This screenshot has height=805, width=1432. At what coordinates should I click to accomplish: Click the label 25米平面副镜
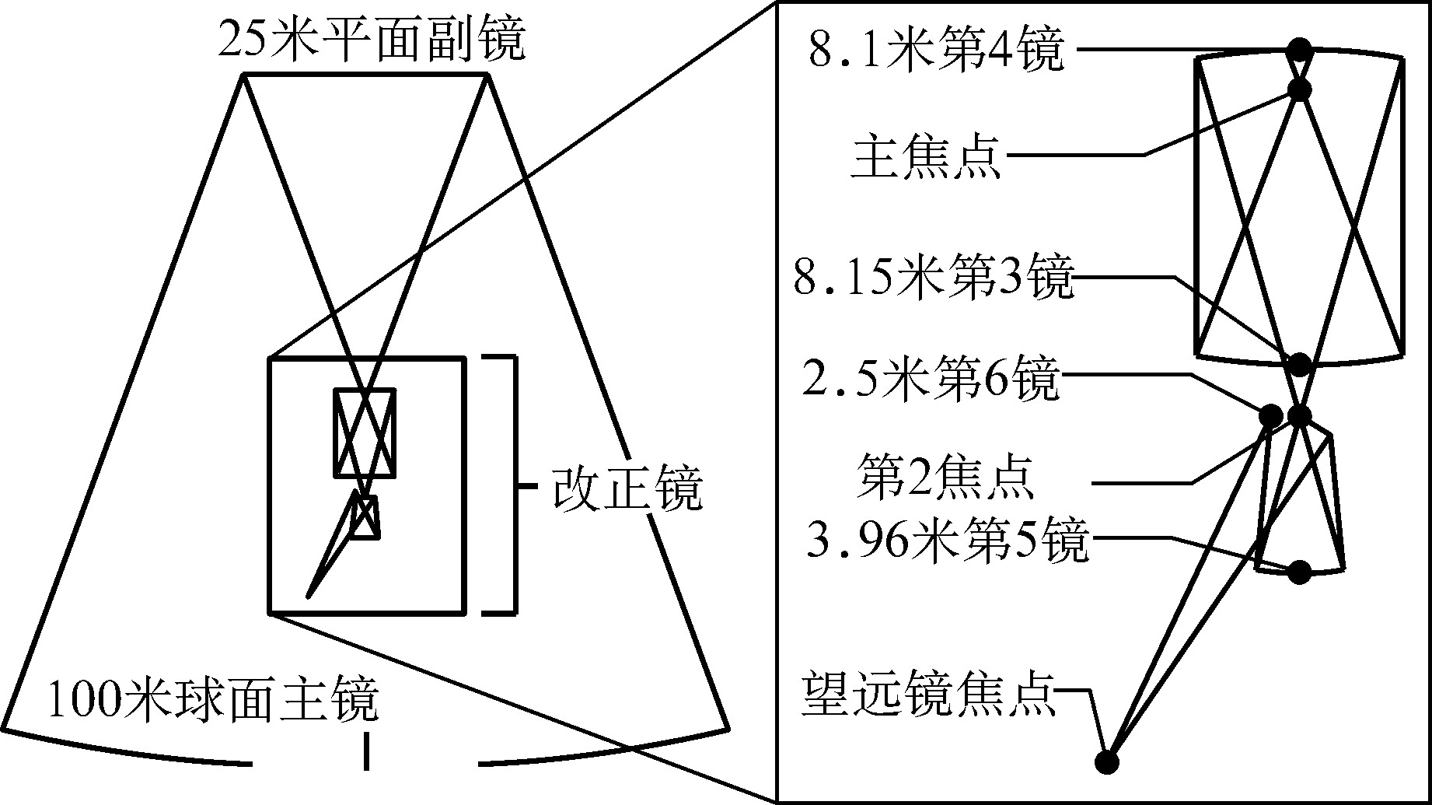click(372, 42)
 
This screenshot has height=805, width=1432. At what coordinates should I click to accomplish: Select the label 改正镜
click(627, 488)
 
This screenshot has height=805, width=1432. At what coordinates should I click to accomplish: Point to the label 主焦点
click(926, 158)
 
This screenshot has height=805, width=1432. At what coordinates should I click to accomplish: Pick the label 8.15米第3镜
click(934, 278)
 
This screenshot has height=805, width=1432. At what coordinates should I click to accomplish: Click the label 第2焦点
click(945, 477)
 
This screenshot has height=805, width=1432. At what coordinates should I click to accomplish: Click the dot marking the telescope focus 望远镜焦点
click(1107, 761)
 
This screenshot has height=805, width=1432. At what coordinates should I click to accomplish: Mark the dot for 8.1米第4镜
click(1299, 50)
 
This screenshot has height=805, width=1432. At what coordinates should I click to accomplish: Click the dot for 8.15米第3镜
click(1300, 363)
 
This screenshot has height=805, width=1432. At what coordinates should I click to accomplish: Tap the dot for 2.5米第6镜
click(1272, 415)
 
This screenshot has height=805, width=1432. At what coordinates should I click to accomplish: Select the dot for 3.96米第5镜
click(1300, 572)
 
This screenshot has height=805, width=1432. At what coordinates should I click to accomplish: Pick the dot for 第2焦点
click(1299, 415)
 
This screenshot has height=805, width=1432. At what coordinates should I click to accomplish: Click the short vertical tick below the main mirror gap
click(365, 751)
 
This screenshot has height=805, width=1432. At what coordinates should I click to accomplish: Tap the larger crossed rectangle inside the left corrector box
click(365, 432)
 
